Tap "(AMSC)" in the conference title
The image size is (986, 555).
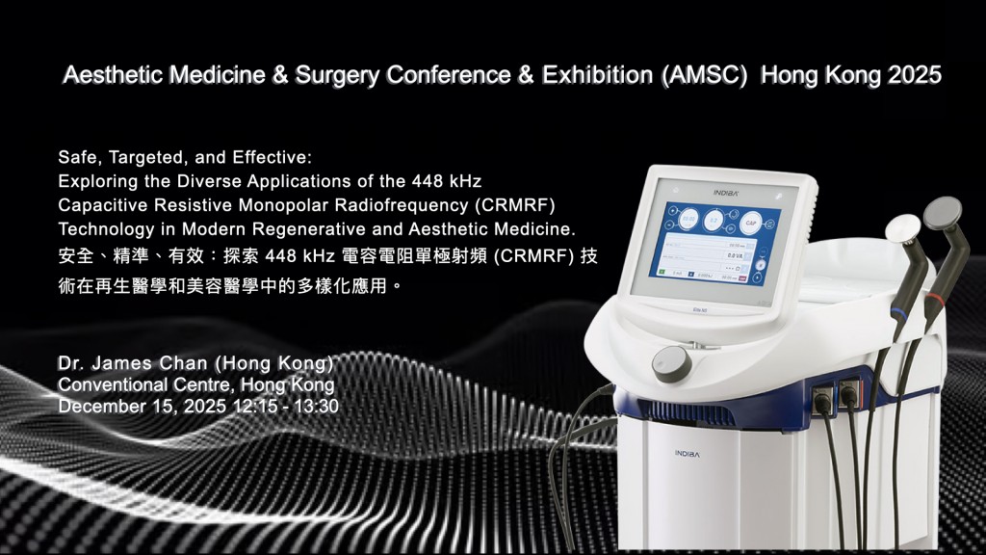[705, 76]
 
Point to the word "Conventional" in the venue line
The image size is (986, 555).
[106, 384]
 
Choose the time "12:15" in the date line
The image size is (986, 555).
[252, 406]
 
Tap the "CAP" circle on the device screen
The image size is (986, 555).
[752, 222]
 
